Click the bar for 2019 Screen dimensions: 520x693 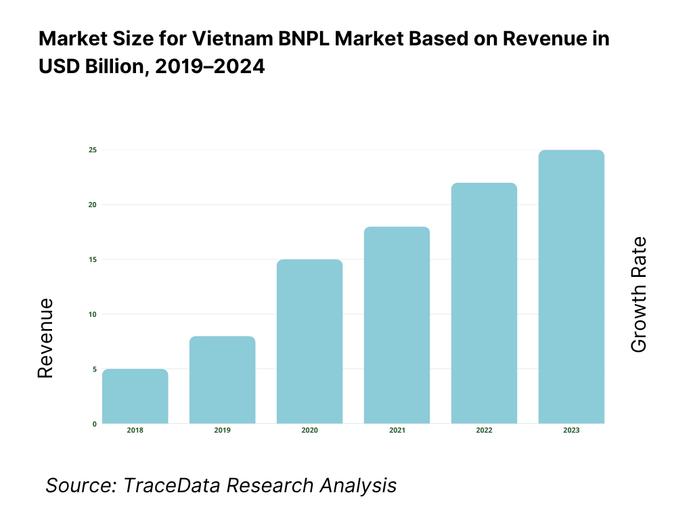222,380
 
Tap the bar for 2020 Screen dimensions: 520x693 309,341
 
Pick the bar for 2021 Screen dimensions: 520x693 397,325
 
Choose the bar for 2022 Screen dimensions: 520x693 484,303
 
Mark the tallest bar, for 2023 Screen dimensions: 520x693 571,286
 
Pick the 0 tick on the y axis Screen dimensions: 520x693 94,424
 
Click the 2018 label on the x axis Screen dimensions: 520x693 135,431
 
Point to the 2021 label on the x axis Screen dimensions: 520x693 397,431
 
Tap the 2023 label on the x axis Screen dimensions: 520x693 571,431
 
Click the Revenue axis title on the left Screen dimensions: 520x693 45,338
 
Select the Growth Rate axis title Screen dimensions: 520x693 638,295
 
